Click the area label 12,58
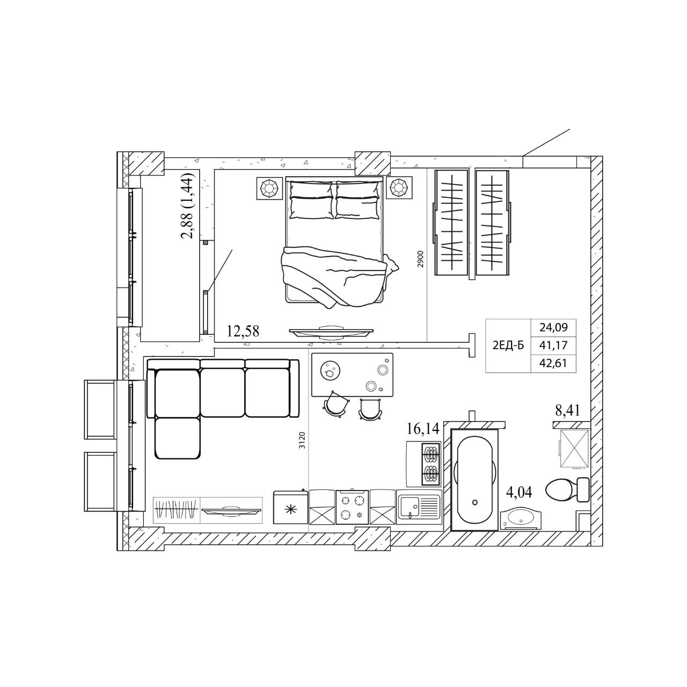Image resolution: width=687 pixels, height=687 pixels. [x=243, y=332]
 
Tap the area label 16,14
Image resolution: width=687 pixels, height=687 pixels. [x=422, y=429]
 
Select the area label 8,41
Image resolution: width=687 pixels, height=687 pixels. [x=567, y=411]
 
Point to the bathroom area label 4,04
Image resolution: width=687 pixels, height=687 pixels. [x=519, y=492]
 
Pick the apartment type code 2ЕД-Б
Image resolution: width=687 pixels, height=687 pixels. [x=508, y=346]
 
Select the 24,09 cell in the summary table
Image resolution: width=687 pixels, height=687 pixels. [x=553, y=327]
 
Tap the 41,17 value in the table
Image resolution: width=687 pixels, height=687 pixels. [x=553, y=345]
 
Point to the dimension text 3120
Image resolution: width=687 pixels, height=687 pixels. [x=302, y=440]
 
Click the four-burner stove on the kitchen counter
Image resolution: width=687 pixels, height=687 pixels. [x=352, y=507]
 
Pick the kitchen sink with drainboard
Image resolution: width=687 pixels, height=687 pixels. [x=419, y=507]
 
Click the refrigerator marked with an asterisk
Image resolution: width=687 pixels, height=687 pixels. [x=290, y=507]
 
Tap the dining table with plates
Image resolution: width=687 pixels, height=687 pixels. [x=352, y=375]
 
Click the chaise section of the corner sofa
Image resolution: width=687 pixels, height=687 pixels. [x=178, y=438]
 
